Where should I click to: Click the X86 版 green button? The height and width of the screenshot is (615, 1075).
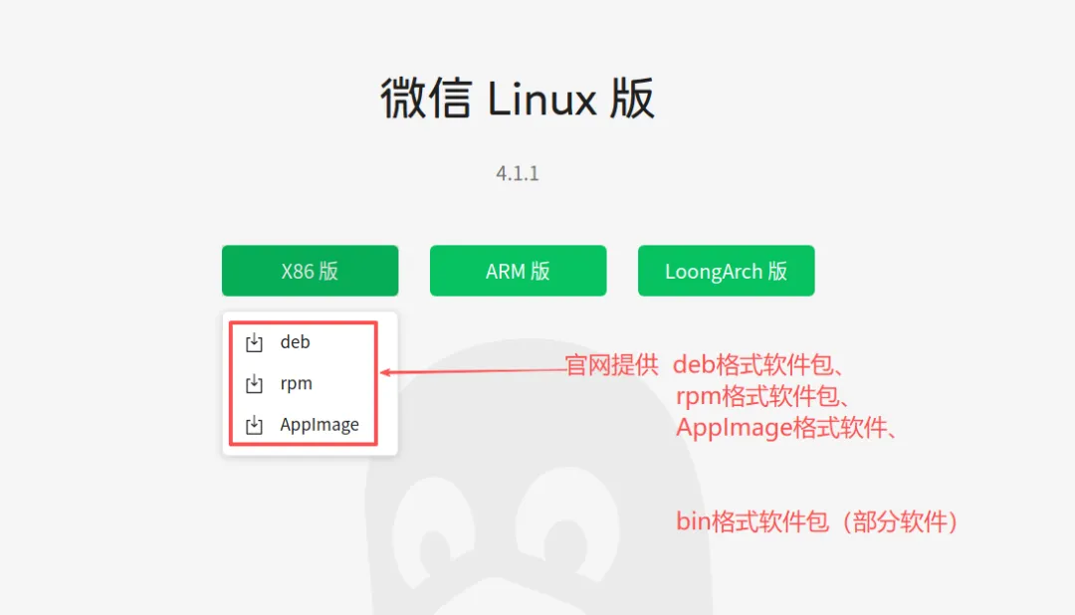310,271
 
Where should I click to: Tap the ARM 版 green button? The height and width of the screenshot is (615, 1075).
518,271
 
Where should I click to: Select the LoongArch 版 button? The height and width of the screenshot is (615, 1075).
726,271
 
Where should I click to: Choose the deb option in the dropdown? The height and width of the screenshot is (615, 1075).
296,342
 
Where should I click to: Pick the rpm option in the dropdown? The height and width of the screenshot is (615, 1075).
297,384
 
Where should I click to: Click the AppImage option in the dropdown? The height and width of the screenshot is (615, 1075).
320,425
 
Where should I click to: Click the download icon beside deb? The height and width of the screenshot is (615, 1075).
255,343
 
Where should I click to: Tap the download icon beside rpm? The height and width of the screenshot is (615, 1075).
255,384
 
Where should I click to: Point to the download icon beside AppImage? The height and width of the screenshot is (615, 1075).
255,426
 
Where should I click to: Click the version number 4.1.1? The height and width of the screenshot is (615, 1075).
518,173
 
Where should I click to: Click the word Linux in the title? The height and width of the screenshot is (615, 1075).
542,100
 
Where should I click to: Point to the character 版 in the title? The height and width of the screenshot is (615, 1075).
632,100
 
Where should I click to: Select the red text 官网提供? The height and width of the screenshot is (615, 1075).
611,365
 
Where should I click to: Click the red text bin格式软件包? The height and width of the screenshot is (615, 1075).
752,520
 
